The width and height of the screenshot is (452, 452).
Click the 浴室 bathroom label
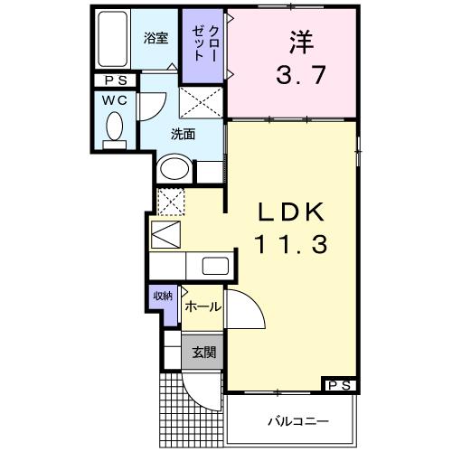156,38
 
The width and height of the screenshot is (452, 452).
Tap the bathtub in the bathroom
114,41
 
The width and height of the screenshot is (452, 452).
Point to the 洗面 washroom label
184,136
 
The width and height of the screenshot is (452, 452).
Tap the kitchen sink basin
215,267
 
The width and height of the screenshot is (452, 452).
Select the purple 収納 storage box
163,296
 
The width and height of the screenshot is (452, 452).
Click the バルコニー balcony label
297,421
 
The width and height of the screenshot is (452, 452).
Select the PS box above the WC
114,80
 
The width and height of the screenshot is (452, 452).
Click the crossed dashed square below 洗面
169,200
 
